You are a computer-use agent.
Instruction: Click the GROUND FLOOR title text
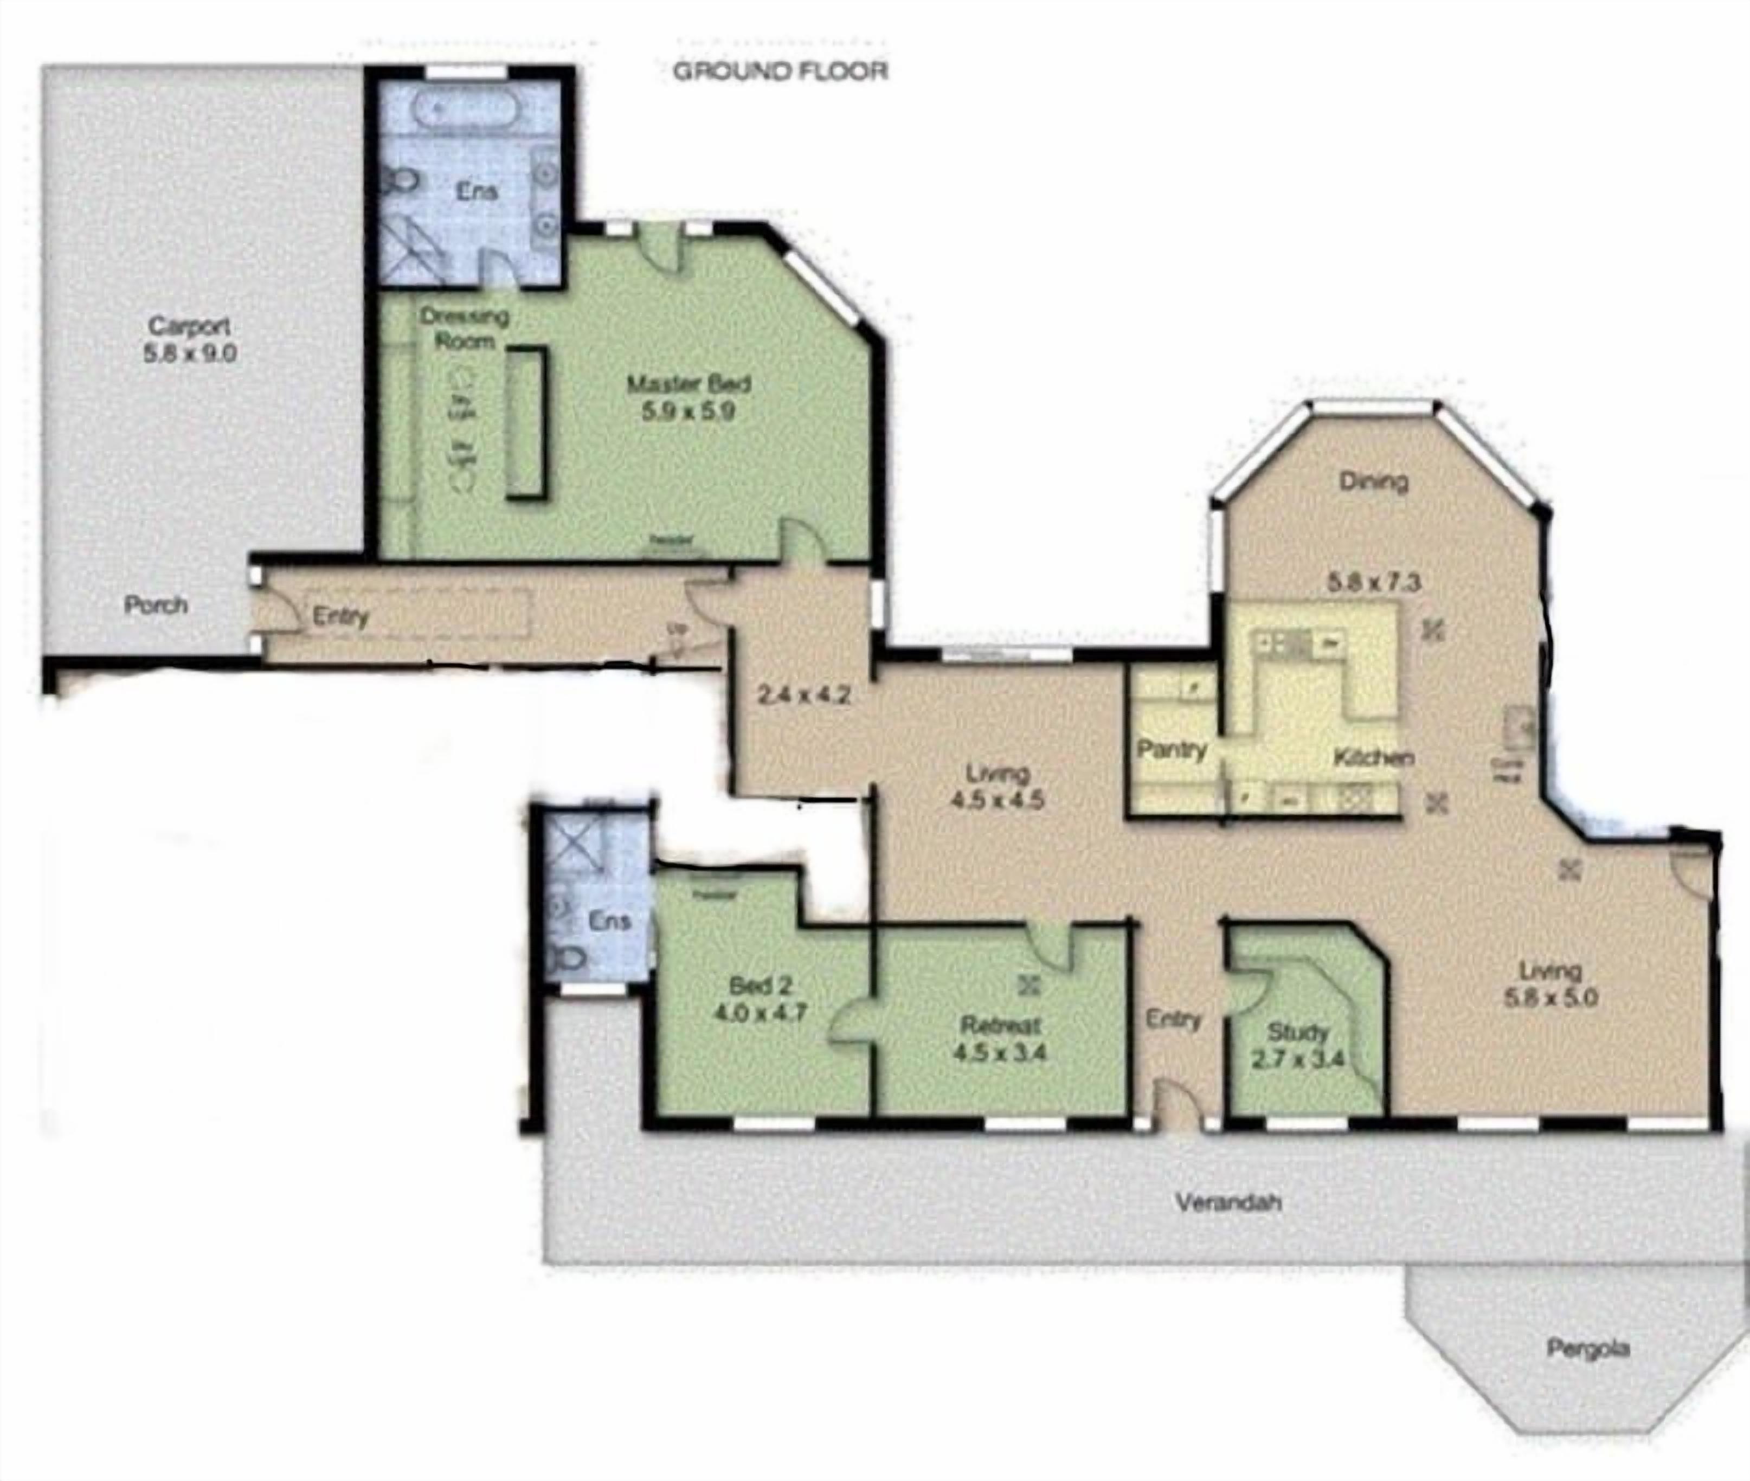point(780,72)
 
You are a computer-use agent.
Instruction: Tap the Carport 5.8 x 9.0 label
point(190,339)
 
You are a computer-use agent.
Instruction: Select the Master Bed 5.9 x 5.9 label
point(689,398)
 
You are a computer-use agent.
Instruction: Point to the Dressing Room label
point(465,329)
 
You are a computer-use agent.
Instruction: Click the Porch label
point(156,604)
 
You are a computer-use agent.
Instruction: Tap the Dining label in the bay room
point(1373,481)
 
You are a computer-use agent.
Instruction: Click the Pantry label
point(1172,749)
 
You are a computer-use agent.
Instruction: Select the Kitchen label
point(1373,757)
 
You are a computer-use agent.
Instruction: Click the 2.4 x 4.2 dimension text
point(803,695)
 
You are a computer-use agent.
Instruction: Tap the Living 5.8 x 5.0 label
point(1550,984)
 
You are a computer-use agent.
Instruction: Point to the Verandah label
point(1228,1202)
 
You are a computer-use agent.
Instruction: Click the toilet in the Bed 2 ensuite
point(571,956)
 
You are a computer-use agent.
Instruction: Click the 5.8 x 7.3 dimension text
point(1374,581)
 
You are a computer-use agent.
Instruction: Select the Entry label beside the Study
point(1173,1019)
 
